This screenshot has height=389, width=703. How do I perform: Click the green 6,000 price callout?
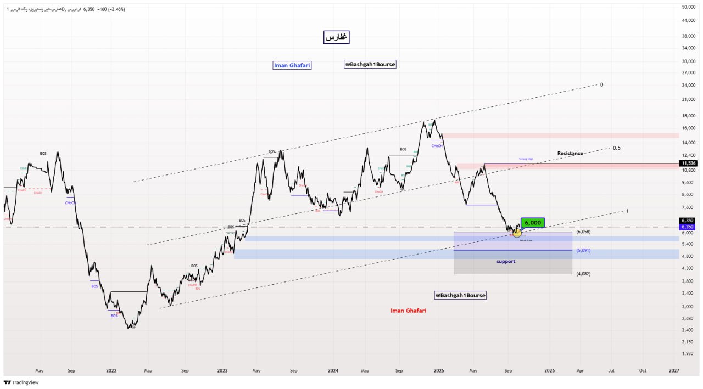pos(533,223)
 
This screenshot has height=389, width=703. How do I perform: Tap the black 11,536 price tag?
pos(688,163)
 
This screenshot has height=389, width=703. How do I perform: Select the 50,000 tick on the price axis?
pos(688,7)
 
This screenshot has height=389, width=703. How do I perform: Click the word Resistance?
pos(570,154)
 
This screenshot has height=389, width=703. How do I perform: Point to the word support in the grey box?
pos(506,262)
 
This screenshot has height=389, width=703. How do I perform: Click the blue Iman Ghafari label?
pos(292,65)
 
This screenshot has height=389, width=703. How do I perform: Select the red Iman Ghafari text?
pos(408,311)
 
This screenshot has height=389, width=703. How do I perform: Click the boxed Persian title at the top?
pos(336,37)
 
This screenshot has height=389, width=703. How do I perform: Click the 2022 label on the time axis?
pos(111,371)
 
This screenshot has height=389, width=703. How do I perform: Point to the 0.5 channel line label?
pos(617,148)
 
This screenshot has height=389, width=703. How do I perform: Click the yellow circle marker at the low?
pos(517,233)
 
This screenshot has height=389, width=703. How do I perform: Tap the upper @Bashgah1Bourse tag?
pos(370,64)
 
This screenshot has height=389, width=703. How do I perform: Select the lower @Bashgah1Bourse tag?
pos(460,295)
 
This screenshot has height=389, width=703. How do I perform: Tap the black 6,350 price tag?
pos(688,221)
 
